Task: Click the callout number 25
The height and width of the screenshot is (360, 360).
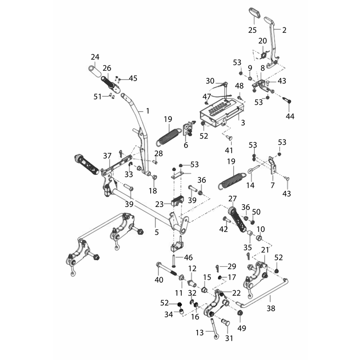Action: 252,30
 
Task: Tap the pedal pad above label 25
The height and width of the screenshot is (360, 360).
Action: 255,13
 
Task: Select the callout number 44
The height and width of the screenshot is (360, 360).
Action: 290,117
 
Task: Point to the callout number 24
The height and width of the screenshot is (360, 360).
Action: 95,57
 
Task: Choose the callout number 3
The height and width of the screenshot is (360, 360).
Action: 243,122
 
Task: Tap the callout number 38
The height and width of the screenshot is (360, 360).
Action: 271,308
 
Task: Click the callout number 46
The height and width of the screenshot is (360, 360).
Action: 188,257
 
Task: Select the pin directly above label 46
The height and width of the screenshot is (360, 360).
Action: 174,261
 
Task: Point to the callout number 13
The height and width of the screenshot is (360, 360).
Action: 200,333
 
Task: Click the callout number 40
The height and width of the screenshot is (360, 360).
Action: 159,280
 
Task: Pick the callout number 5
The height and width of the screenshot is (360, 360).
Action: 157,232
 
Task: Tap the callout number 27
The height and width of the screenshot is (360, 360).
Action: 233,198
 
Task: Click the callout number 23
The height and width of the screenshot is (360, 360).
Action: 159,204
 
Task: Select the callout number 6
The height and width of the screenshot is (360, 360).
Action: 186,145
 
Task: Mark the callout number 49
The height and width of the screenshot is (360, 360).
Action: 242,328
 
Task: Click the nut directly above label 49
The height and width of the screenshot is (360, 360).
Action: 240,313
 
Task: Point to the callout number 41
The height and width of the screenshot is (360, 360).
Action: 229,150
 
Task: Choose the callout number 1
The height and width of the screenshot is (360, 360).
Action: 148,111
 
